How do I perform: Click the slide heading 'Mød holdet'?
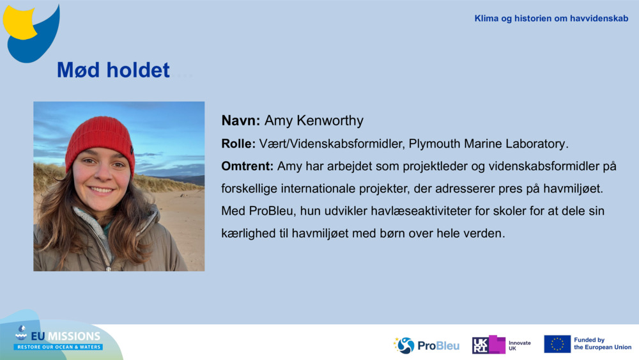113,70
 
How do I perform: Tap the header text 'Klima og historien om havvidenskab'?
551,19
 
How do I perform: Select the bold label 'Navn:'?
240,121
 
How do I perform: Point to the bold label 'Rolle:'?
238,144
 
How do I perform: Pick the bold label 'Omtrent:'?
247,166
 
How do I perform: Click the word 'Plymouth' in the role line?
433,144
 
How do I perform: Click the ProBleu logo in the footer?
426,345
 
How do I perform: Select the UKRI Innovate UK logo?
502,345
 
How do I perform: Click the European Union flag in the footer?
557,344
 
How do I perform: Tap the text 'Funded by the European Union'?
602,344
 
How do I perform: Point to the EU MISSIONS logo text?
64,336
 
